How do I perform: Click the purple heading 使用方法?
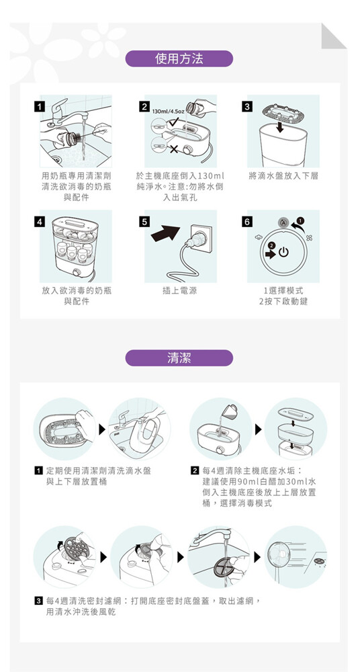(x=179, y=58)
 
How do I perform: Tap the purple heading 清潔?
(x=179, y=358)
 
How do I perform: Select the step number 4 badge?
(x=40, y=222)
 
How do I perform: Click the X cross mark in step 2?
(x=175, y=149)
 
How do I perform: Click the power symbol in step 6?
(x=283, y=253)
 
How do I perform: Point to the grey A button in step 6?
(x=283, y=222)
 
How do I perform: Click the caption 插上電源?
(x=180, y=291)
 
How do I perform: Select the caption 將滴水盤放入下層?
(x=283, y=176)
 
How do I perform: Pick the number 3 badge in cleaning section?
(x=39, y=599)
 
